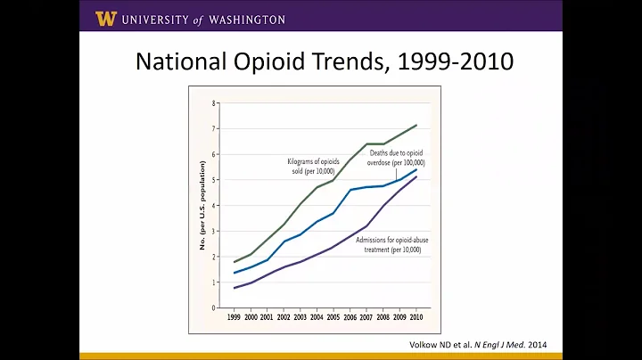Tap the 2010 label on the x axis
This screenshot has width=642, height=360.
pyautogui.click(x=416, y=317)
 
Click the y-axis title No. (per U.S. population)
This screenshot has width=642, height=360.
pyautogui.click(x=202, y=205)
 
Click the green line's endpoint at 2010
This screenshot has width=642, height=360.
pyautogui.click(x=416, y=125)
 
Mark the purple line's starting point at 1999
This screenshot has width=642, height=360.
pyautogui.click(x=234, y=288)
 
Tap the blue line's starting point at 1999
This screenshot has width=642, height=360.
pyautogui.click(x=234, y=273)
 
